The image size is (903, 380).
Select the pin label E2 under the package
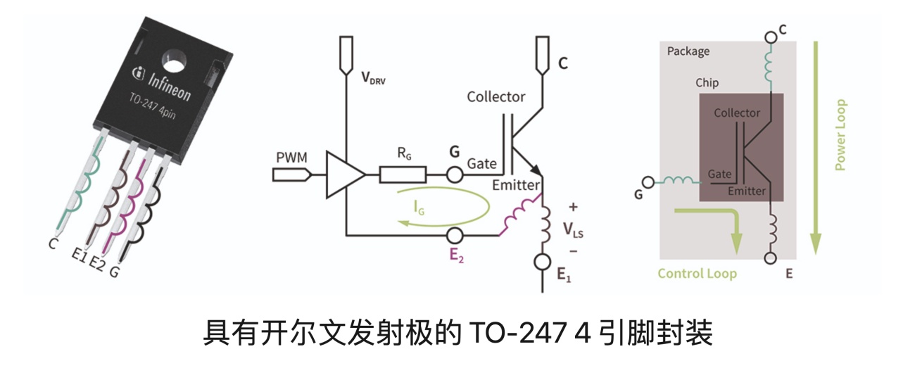point(98,263)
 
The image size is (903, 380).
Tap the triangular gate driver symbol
point(343,175)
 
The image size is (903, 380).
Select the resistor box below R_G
point(403,174)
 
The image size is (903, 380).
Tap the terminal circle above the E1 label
point(542,262)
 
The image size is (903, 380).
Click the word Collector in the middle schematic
point(495,96)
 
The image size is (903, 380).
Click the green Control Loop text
point(697,273)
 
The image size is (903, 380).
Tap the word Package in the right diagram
point(688,51)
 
